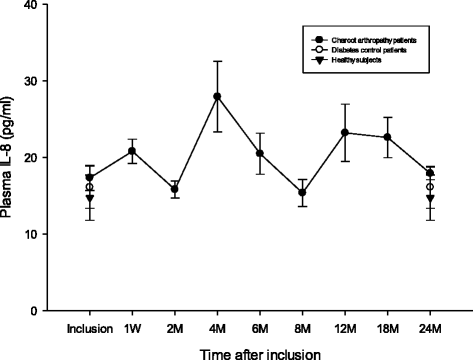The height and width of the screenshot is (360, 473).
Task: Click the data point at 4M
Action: [217, 96]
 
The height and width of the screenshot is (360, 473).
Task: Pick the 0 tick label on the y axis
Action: [37, 311]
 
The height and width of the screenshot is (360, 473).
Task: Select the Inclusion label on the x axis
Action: [89, 327]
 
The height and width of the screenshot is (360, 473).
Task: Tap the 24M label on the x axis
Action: [430, 327]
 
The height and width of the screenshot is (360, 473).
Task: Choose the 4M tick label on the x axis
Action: [217, 327]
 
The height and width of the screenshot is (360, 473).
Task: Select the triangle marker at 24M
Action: [430, 199]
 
